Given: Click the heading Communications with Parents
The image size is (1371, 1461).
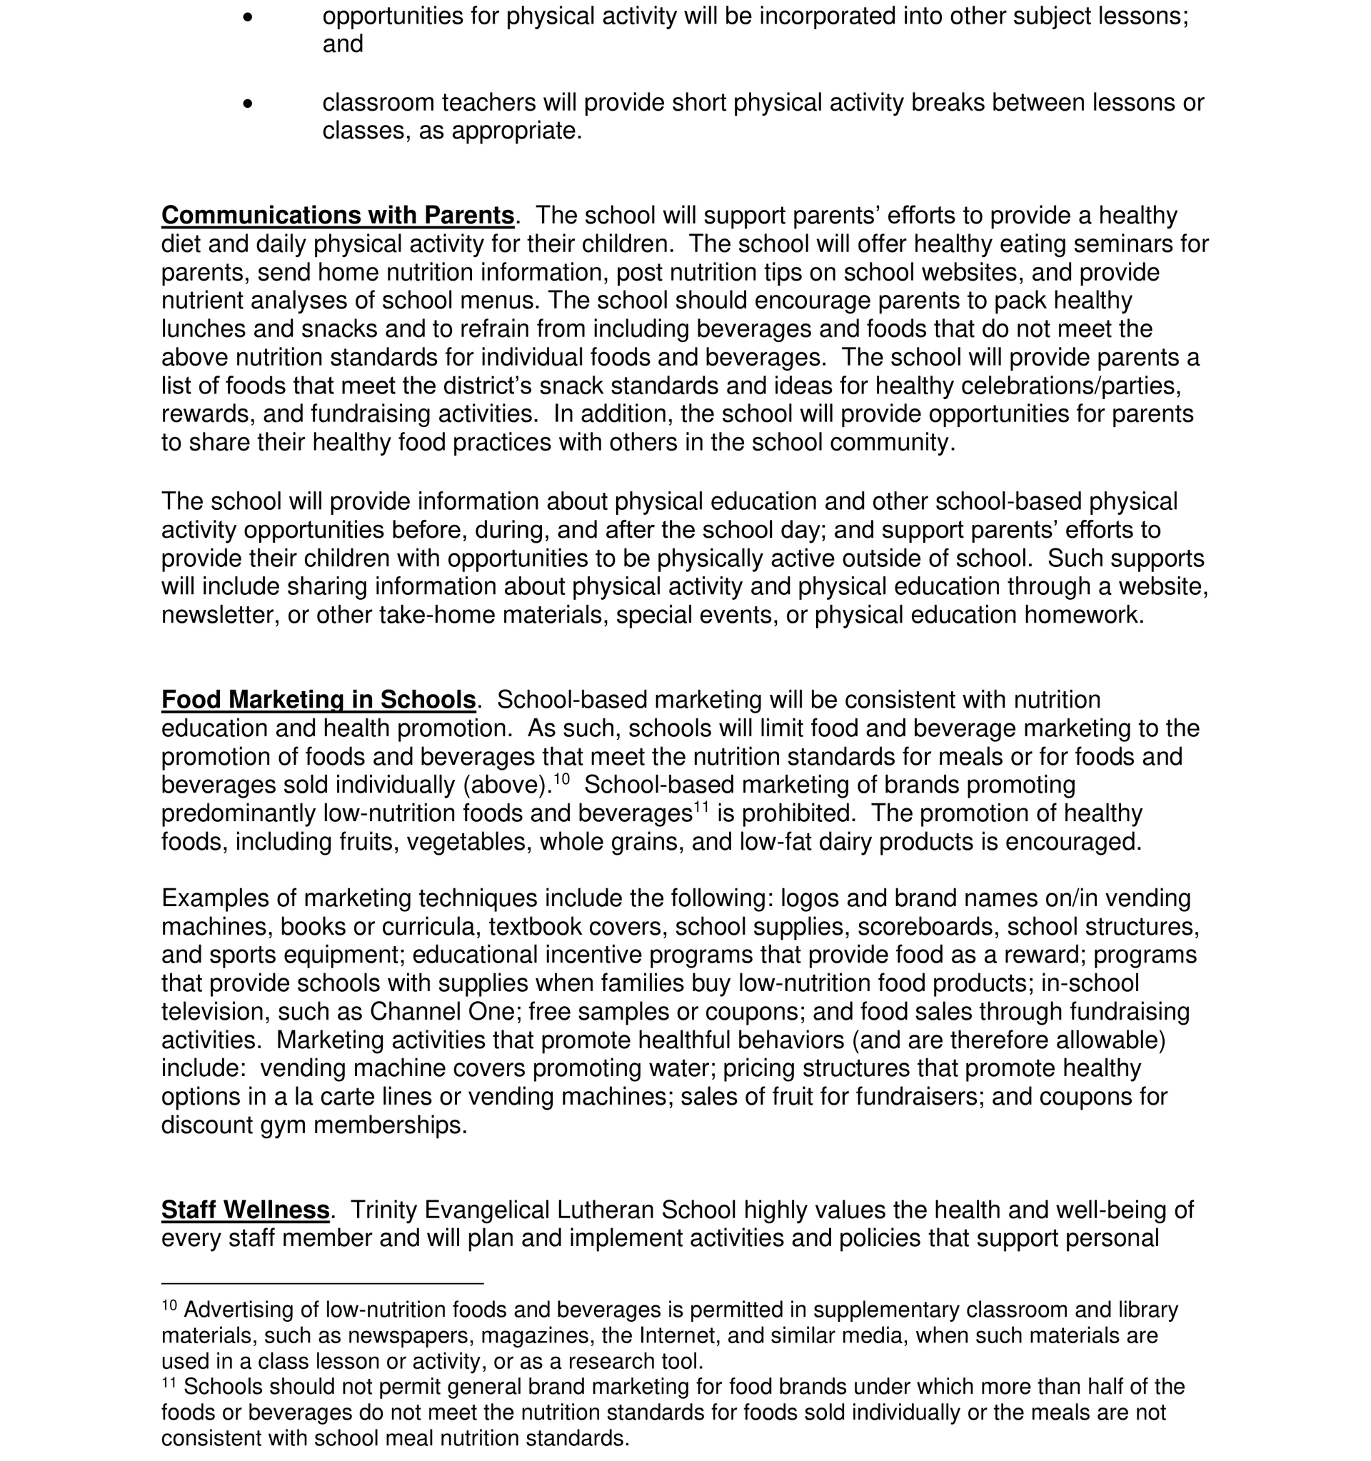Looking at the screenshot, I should point(337,216).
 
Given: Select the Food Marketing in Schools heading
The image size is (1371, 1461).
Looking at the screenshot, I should point(318,700).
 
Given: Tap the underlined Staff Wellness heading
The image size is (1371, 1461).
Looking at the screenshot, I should point(246,1210).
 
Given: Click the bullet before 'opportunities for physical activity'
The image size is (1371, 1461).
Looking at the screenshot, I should point(248,17).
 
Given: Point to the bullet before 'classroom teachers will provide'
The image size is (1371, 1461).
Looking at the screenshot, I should point(248,104).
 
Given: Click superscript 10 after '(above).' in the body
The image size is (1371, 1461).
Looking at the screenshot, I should point(561,778).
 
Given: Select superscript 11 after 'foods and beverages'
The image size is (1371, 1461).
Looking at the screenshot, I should point(701,807).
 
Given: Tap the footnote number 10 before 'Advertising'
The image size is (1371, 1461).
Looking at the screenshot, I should point(169,1305).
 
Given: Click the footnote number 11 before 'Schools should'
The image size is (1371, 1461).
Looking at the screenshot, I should point(169,1382).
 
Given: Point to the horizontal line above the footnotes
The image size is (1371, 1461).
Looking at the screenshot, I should point(322,1283).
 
